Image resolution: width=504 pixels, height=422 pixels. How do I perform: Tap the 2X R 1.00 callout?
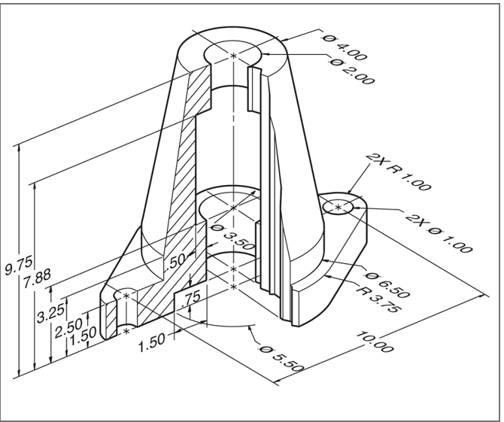(390, 169)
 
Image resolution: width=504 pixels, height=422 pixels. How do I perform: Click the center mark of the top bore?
(233, 56)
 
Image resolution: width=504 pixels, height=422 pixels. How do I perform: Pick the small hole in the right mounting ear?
(339, 205)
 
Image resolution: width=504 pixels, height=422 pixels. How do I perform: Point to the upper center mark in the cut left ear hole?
(126, 296)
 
